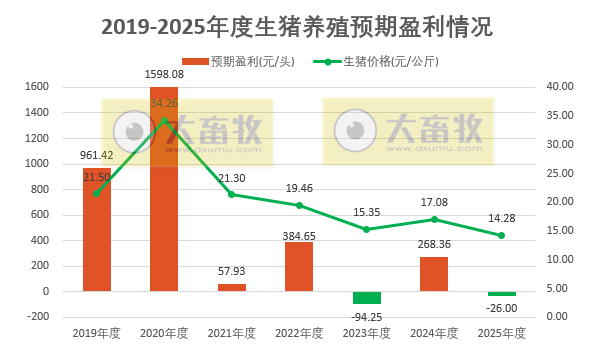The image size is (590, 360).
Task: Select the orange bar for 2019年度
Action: [x=97, y=229]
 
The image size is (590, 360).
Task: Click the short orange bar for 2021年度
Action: [x=232, y=287]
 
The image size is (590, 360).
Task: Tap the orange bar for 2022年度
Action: [x=299, y=266]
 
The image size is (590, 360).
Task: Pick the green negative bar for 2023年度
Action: [x=367, y=297]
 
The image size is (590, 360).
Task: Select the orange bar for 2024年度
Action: [x=434, y=274]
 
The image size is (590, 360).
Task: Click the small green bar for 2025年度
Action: [x=501, y=294]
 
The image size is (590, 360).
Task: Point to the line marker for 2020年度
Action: [x=164, y=121]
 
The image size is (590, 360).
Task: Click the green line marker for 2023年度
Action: [x=367, y=229]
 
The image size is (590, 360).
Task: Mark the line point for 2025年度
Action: [x=501, y=235]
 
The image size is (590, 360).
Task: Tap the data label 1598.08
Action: [x=164, y=75]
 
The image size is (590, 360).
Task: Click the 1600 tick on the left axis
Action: [x=36, y=87]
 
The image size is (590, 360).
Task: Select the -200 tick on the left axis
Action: [x=36, y=316]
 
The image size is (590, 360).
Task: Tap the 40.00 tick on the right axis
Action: [x=560, y=87]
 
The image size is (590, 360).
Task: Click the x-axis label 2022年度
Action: [x=299, y=334]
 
